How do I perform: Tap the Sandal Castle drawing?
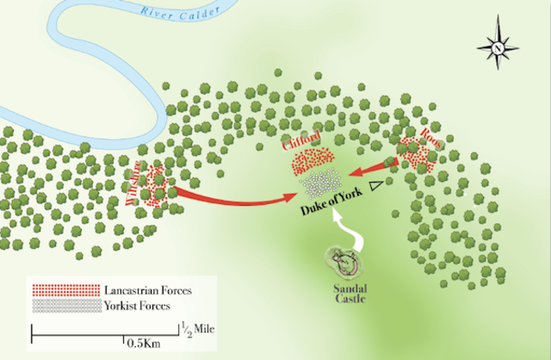pos(345,259)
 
